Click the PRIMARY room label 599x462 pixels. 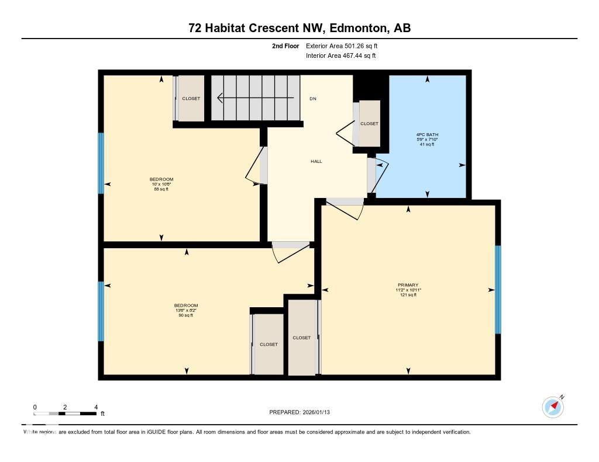[x=408, y=285]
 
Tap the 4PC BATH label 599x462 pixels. [x=427, y=134]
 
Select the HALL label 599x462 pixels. [x=316, y=162]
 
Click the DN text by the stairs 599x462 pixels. [x=313, y=99]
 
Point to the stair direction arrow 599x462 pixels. [x=254, y=98]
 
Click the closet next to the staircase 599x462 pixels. [x=191, y=99]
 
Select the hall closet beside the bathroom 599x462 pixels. [x=369, y=123]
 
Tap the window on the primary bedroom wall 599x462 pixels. [x=498, y=289]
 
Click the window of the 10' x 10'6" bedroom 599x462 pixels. [x=101, y=163]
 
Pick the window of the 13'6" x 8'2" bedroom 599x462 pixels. [x=101, y=311]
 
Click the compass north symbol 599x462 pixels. [x=553, y=407]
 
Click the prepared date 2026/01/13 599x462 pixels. [x=304, y=412]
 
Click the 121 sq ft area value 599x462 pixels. [x=408, y=296]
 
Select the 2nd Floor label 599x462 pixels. [x=285, y=46]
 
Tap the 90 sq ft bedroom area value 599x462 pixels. [x=185, y=315]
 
